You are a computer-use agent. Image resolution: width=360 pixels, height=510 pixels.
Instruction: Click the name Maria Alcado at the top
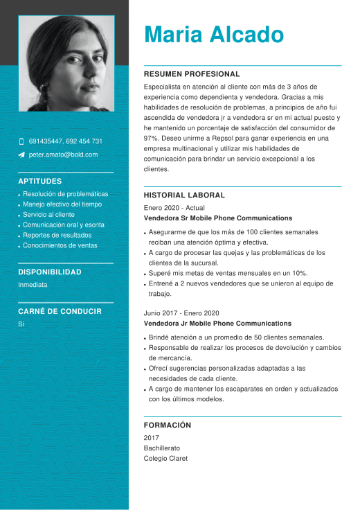coord(214,35)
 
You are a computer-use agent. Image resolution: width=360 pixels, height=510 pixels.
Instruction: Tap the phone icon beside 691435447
coord(21,141)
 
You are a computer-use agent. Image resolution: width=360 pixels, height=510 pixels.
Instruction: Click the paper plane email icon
coord(21,155)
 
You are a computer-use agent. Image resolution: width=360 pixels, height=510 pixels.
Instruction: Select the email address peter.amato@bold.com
coord(63,155)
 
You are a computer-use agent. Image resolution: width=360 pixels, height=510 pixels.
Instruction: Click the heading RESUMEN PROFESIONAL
coord(192,74)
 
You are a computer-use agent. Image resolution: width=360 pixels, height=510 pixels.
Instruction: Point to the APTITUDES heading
coord(39,182)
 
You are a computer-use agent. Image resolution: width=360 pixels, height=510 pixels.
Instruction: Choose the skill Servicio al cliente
coord(48,215)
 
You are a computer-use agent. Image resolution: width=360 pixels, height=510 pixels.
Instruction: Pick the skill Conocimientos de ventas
coord(60,245)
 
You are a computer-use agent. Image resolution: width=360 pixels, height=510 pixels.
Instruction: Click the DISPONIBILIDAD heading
coord(50,272)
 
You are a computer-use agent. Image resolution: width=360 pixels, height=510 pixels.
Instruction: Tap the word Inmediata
coord(33,285)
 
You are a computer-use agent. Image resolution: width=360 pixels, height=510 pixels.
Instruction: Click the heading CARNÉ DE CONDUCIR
coord(60,312)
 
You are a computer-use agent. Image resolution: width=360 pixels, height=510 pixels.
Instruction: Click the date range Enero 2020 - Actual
coord(174,208)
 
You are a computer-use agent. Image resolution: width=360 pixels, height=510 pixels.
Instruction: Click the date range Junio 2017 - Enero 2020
coord(181,313)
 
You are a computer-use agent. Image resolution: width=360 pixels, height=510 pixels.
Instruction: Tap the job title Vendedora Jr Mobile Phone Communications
coord(217,324)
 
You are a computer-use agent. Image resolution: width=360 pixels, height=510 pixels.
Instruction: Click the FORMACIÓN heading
coord(168,425)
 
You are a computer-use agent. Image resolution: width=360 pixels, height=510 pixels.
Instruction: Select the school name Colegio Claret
coord(165,459)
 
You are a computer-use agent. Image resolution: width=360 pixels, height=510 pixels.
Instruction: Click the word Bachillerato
coord(162,448)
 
